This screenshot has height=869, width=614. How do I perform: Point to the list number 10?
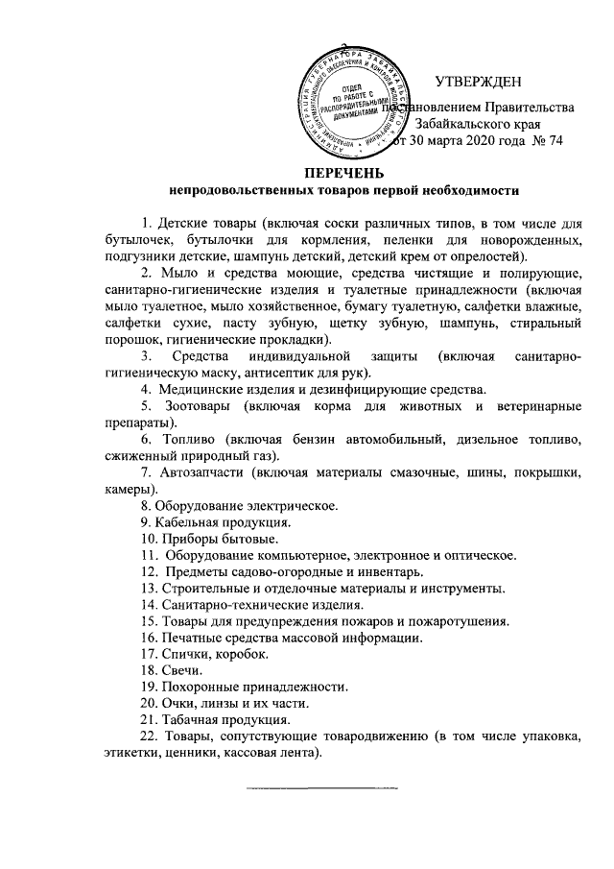(x=148, y=538)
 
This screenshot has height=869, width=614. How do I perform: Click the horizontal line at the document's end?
(x=321, y=788)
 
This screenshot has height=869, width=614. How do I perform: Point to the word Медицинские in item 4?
(x=202, y=389)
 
